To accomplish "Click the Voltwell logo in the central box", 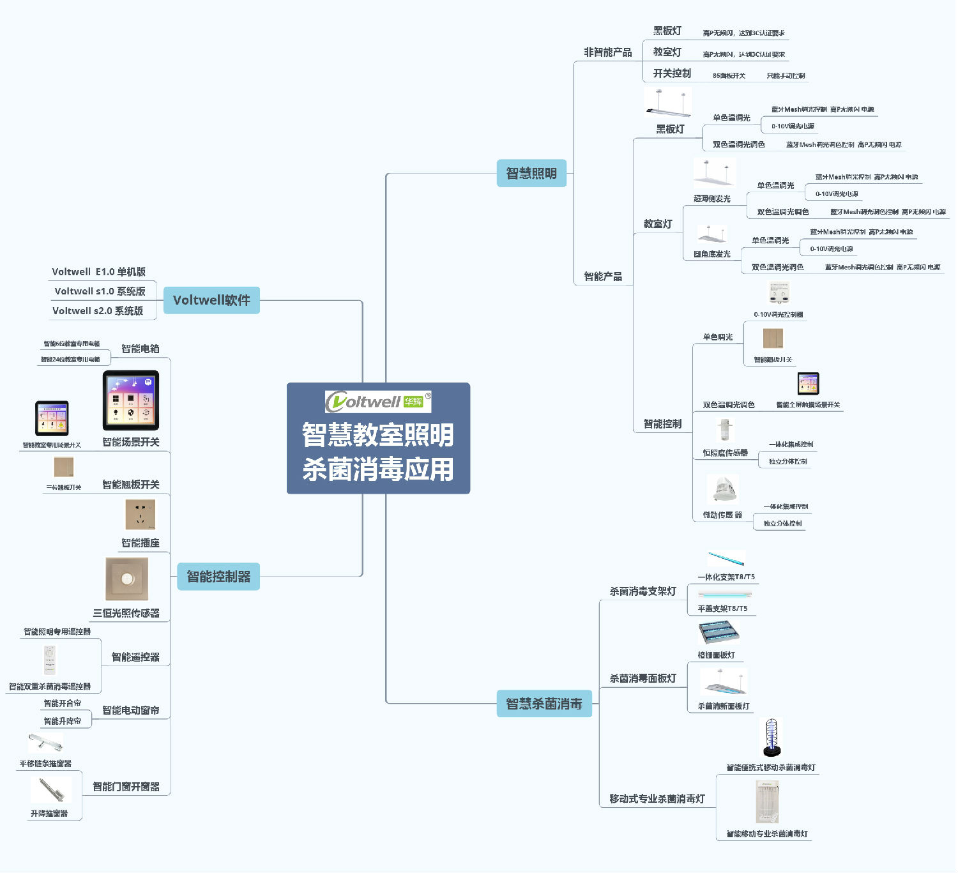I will pos(377,402).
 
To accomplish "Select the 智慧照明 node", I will pos(531,173).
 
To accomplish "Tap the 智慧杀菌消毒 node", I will pos(544,704).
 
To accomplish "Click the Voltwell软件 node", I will pos(211,300).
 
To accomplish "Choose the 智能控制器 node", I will pos(218,577).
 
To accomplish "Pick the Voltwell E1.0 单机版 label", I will pos(99,272).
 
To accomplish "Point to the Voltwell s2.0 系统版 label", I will pos(98,311).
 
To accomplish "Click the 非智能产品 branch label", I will pos(607,52).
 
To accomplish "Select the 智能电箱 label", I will pos(141,349).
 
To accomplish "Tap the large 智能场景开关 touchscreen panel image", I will pos(131,400).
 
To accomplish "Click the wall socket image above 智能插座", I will pos(141,515).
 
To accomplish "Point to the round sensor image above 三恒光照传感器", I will pos(127,579).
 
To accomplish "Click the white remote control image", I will pos(50,660).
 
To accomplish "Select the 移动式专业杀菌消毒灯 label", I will pos(657,799).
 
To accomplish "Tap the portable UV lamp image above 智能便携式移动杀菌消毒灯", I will pos(772,738).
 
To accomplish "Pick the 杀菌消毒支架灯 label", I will pos(642,591).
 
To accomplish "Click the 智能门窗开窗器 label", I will pos(126,787).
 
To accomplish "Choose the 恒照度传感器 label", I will pos(726,453).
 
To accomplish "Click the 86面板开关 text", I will pos(729,75).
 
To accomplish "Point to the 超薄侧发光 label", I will pos(712,199).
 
